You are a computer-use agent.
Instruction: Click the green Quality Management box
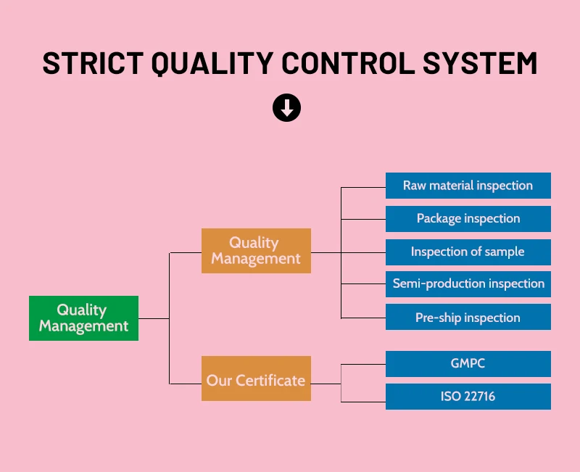(83, 318)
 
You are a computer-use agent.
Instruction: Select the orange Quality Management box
(256, 251)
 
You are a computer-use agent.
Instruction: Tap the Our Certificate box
(256, 379)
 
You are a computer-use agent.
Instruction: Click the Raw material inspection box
(468, 186)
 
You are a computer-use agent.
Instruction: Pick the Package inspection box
(468, 219)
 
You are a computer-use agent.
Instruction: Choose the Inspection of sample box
(468, 252)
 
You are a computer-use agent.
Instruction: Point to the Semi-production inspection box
(468, 284)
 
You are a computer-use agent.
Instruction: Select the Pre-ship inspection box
(468, 318)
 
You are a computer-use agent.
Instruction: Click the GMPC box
(468, 364)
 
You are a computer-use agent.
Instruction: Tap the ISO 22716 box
(468, 397)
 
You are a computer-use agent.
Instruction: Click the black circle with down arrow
(286, 109)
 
